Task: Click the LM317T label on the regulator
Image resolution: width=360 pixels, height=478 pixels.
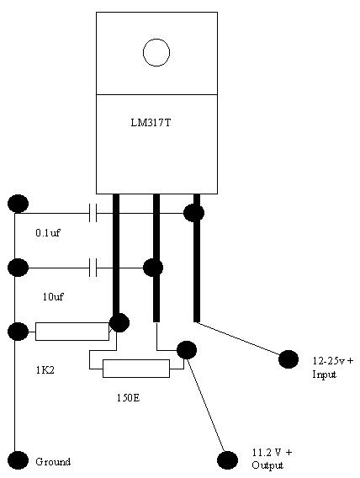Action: pos(151,123)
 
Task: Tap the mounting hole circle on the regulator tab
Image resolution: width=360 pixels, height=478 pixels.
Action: pos(156,53)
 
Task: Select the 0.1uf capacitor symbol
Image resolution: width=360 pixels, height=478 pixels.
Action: pos(93,213)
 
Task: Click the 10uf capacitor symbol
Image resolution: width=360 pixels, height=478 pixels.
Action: pos(93,268)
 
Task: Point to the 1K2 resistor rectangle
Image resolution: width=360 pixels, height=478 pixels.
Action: pos(72,332)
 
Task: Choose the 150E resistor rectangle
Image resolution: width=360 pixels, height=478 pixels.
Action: pos(136,369)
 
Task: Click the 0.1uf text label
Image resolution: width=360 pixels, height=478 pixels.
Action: pos(48,233)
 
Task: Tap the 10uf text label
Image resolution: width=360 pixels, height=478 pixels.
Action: pos(53,296)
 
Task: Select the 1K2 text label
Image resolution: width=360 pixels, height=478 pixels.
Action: pos(45,370)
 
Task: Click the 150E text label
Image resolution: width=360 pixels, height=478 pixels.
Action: pos(128,397)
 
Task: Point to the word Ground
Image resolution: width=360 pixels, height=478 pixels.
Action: pos(53,461)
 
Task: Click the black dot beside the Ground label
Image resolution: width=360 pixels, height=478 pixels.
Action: pos(18,460)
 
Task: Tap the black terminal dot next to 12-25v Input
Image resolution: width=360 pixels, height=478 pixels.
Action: pos(289,359)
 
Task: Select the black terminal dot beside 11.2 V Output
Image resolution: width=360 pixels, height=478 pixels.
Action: pos(227,460)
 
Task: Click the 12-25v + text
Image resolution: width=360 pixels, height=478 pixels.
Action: pos(333,361)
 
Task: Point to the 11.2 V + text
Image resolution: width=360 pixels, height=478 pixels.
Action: pos(272,452)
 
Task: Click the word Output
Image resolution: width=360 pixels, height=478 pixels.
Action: pos(267,465)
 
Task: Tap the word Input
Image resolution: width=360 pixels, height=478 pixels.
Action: pos(324,374)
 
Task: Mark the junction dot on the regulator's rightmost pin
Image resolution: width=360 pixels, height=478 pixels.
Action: pos(193,213)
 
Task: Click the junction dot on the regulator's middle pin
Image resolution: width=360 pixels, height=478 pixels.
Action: pos(153,268)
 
